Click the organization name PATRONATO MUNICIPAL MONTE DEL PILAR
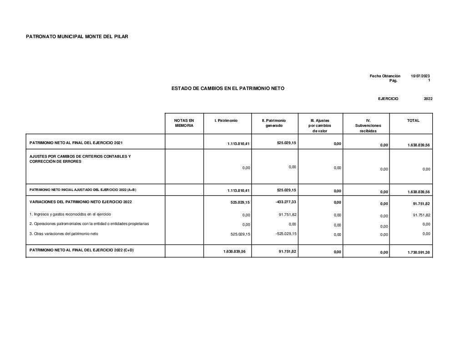pos(77,36)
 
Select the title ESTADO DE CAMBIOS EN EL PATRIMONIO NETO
pos(228,88)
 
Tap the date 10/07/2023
pos(420,76)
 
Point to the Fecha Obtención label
pos(385,76)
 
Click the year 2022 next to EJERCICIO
pos(428,99)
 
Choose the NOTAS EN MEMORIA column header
pos(184,123)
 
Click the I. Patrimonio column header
pos(226,120)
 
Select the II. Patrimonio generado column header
pos(274,123)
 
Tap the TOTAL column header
pos(413,120)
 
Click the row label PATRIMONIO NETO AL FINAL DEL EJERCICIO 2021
pos(76,143)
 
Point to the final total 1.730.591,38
pos(419,252)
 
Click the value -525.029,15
pos(286,234)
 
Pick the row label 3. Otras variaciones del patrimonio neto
pos(64,234)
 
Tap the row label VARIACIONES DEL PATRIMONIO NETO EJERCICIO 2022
pos(81,201)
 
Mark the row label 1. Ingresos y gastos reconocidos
pos(70,214)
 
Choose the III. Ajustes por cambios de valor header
pos(320,125)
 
